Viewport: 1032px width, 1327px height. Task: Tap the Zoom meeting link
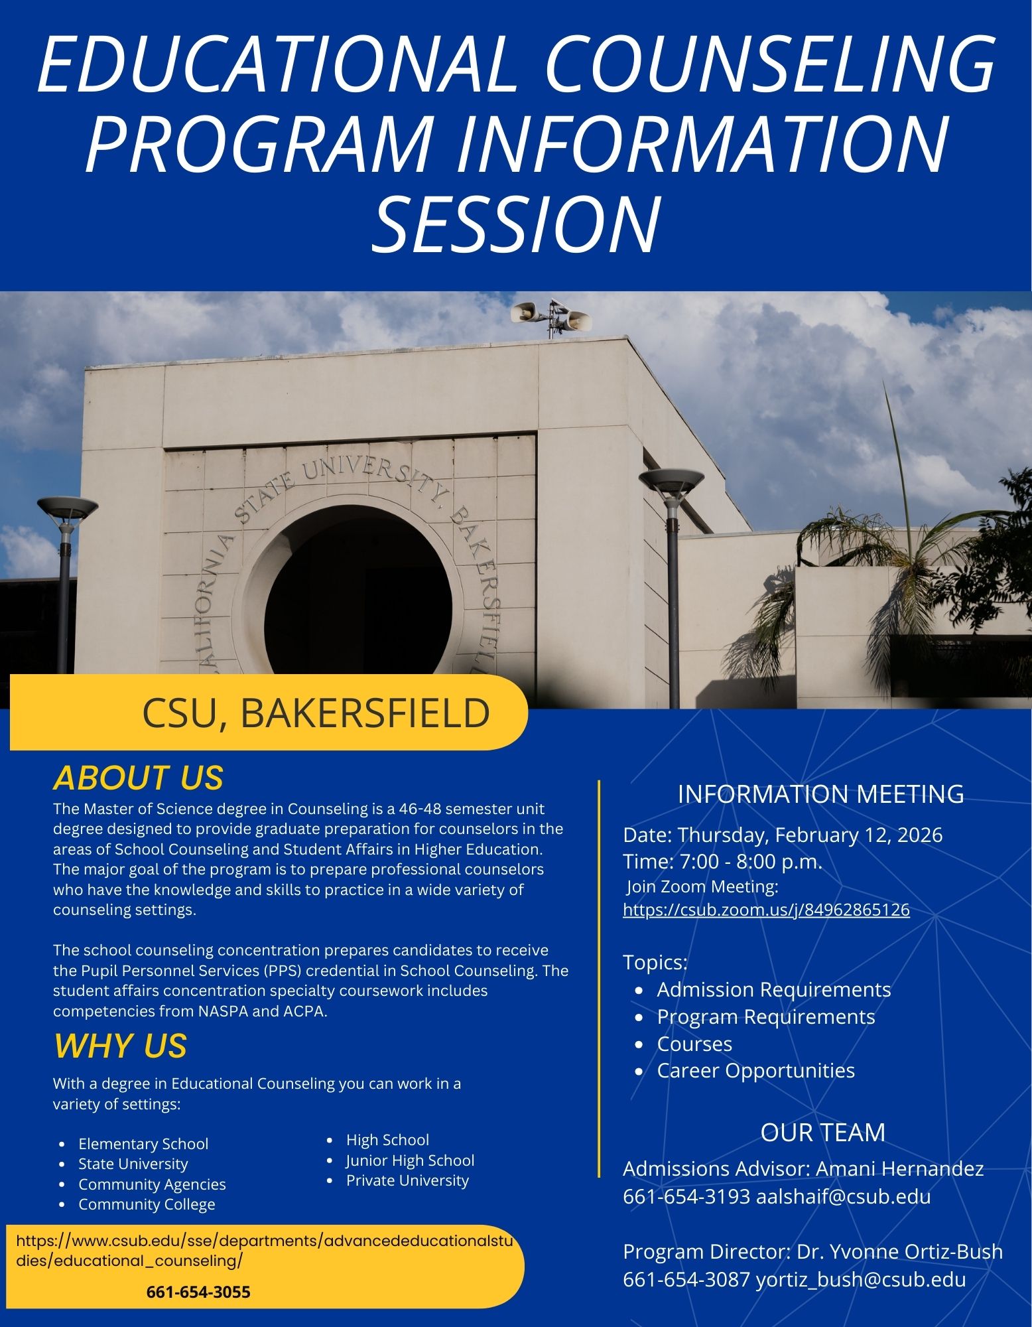tap(766, 910)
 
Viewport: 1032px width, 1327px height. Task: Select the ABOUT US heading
tap(138, 778)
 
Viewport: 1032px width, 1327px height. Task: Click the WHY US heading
tap(120, 1046)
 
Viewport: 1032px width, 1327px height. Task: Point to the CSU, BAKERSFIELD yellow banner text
tap(316, 713)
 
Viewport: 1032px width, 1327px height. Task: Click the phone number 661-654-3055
tap(198, 1292)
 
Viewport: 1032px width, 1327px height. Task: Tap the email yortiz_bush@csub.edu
tap(860, 1279)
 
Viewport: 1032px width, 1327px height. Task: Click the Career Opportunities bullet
tap(755, 1070)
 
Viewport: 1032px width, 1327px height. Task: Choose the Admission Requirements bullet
tap(773, 989)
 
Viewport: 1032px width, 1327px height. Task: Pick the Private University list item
tap(407, 1180)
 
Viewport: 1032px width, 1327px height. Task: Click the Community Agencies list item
tap(152, 1184)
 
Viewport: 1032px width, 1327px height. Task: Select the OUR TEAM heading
tap(822, 1133)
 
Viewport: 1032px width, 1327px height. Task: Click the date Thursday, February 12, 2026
tap(809, 835)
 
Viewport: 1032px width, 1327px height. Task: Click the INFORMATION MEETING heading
tap(820, 794)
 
